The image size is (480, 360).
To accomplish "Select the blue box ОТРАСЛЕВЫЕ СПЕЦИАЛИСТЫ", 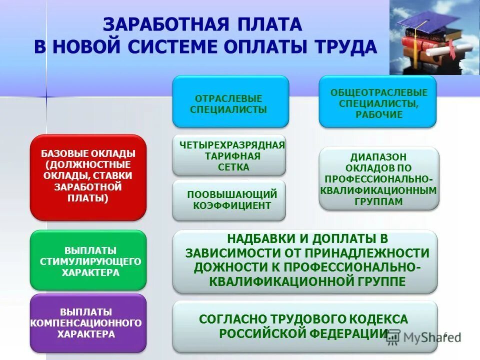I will tap(230, 101).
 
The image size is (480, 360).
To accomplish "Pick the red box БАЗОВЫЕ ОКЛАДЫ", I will tap(88, 176).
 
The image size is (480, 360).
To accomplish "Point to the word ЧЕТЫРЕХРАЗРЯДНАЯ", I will tap(232, 145).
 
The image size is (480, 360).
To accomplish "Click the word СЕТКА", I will tap(233, 167).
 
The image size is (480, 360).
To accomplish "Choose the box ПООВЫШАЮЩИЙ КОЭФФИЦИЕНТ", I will tap(229, 200).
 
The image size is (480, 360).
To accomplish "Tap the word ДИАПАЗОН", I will tap(378, 156).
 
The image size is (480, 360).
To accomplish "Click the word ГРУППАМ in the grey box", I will tap(378, 201).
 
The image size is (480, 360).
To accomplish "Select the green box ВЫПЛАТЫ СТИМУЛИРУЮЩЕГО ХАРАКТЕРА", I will tap(88, 260).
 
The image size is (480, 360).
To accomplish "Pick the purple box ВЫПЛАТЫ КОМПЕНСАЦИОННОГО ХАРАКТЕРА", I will tap(88, 322).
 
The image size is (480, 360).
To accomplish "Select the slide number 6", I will tap(445, 334).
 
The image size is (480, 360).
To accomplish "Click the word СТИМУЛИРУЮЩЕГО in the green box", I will tap(90, 261).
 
